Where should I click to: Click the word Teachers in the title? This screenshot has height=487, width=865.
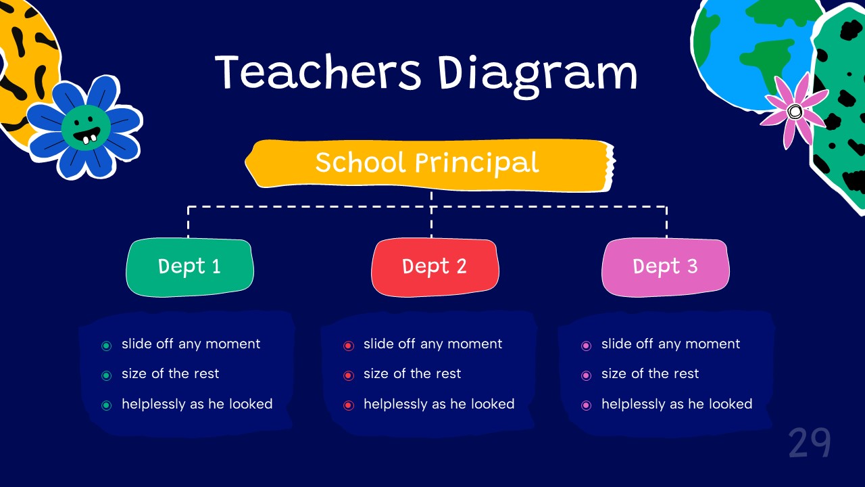click(318, 72)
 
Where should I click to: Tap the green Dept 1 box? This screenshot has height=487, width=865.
click(190, 266)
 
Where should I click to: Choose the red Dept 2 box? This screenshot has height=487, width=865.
click(435, 266)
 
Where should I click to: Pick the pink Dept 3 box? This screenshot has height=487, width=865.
click(665, 266)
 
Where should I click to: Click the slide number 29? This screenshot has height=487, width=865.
click(809, 444)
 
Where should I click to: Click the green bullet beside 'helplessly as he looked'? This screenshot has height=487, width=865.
click(106, 406)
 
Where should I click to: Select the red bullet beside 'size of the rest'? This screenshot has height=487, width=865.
click(349, 375)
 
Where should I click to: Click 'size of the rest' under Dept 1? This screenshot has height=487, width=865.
click(170, 373)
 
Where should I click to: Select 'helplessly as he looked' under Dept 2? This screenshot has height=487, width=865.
click(439, 404)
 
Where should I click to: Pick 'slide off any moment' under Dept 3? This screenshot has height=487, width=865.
click(670, 344)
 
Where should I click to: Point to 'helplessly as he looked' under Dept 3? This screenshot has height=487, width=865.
click(676, 404)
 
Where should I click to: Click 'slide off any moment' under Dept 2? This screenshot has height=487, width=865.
click(432, 344)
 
